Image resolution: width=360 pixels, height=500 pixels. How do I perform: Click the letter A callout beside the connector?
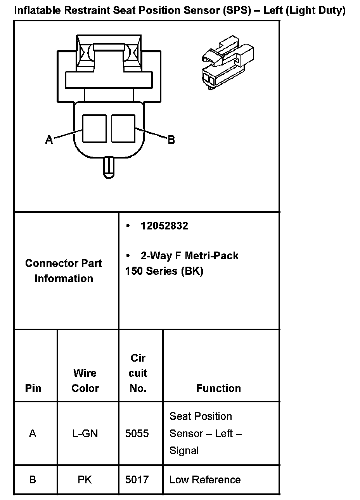point(49,140)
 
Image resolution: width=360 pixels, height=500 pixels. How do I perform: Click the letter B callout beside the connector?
point(171,140)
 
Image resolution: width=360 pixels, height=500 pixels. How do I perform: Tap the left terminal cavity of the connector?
point(95,128)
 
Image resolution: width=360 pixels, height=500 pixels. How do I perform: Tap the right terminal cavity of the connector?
point(123,128)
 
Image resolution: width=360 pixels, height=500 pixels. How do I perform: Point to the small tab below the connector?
point(109,167)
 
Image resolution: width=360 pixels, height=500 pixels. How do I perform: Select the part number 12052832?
point(164,226)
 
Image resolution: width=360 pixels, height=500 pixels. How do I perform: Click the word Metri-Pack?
point(211,256)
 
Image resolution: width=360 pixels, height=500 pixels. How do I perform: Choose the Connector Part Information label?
point(64,271)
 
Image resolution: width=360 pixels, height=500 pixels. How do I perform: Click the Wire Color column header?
point(85,380)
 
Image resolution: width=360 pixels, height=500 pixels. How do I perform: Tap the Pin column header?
point(33,388)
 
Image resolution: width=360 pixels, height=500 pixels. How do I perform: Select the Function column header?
point(218,388)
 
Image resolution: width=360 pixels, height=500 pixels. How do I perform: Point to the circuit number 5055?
point(137,433)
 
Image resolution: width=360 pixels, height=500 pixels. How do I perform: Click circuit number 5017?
point(137,480)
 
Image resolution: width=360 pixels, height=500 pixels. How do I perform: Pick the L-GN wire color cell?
point(85,433)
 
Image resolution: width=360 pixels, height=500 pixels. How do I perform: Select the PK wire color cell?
point(85,480)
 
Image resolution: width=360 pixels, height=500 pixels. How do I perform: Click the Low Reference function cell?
point(205,480)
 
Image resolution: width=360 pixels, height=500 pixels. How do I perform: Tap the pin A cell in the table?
point(33,433)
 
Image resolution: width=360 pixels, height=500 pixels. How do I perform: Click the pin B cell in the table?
point(33,480)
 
